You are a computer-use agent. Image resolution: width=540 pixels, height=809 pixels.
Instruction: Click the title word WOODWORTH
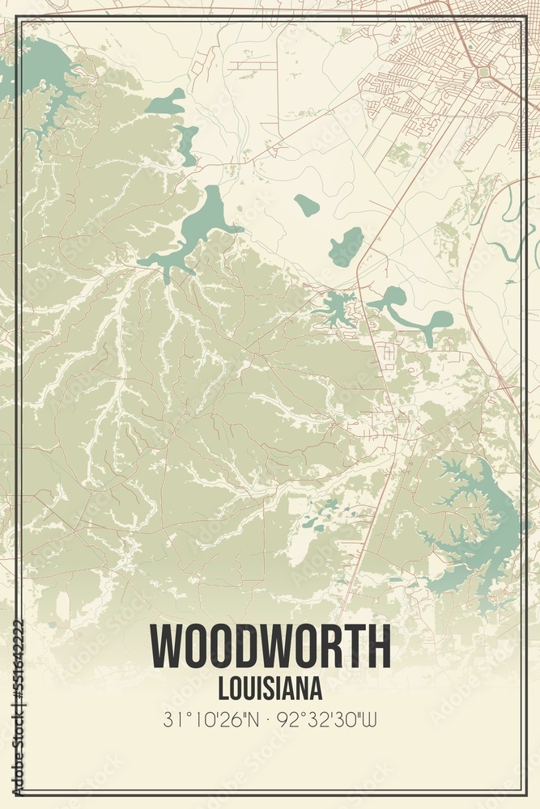click(x=270, y=647)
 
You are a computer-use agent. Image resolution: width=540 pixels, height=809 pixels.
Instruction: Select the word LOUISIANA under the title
click(x=270, y=688)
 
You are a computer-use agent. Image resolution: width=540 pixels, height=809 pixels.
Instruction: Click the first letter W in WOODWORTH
click(x=167, y=647)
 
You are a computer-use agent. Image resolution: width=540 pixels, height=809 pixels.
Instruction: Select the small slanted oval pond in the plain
click(x=307, y=205)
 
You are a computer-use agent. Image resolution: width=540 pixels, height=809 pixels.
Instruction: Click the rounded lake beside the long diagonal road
click(x=347, y=246)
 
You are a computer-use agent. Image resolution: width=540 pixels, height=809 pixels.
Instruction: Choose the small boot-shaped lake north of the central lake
click(x=168, y=102)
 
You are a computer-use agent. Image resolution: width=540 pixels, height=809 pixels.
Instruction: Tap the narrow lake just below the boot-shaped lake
click(x=187, y=144)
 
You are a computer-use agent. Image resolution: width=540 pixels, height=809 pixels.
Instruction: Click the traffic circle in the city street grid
click(x=483, y=72)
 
